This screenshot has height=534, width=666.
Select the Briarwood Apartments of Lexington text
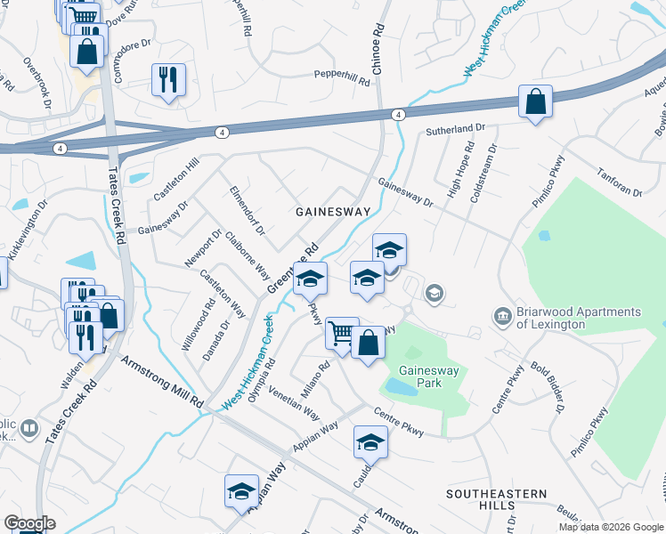point(578,318)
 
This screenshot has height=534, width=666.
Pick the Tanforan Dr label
point(620,182)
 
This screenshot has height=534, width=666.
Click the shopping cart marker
point(341,333)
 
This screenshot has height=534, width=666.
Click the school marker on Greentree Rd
point(310,278)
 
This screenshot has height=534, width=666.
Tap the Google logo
point(28,523)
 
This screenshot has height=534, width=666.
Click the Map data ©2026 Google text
point(611,527)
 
